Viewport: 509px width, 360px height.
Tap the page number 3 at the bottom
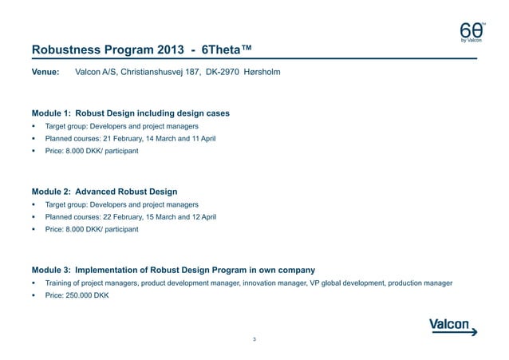254,341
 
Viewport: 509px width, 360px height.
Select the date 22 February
139,217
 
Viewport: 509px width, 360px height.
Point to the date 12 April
199,217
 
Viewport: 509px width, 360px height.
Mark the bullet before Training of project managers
34,283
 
